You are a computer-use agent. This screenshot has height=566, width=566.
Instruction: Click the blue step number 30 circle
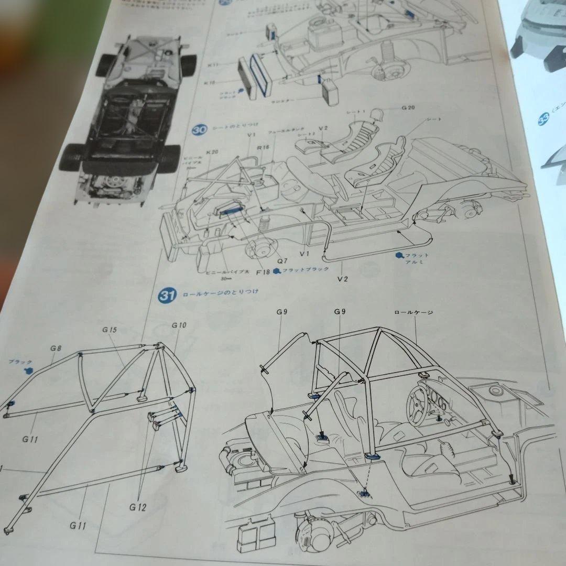coord(199,129)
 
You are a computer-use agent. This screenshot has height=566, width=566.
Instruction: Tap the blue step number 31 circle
coord(167,296)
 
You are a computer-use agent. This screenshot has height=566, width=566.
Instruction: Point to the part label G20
coord(408,107)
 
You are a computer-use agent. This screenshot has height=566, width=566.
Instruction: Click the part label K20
coord(212,152)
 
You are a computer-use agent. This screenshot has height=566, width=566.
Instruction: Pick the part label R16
coord(263,147)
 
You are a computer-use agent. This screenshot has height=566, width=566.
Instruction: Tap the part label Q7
coord(282,260)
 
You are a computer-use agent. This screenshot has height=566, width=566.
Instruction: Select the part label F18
coord(263,273)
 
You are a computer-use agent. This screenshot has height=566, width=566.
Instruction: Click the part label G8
coord(56,347)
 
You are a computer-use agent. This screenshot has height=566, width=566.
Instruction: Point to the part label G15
coord(110,330)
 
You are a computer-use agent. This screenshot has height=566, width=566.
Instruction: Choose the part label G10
coord(179,325)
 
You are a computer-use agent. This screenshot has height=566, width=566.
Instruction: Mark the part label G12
coord(138,507)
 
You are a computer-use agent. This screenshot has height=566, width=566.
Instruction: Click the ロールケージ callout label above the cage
coord(413,312)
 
